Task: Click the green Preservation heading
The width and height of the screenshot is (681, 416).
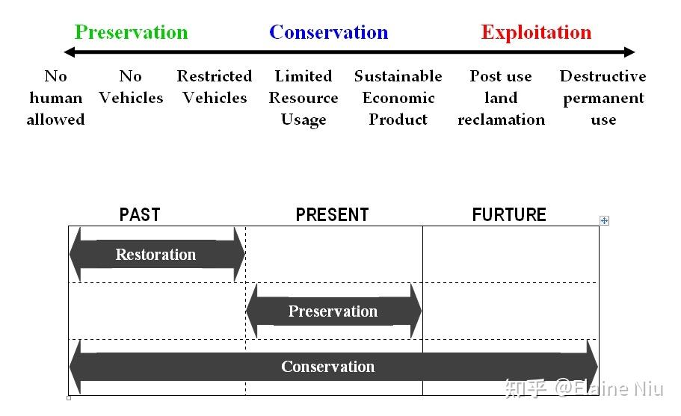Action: click(x=131, y=32)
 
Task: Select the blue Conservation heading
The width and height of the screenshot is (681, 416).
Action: click(x=328, y=32)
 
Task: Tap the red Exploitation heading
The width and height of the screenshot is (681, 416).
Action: click(x=536, y=32)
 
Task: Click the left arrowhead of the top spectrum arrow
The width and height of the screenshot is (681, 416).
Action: click(x=70, y=52)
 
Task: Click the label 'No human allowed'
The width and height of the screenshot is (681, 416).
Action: click(x=55, y=98)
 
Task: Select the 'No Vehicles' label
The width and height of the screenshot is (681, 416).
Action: click(x=131, y=87)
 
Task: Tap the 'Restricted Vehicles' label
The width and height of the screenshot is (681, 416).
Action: click(x=215, y=87)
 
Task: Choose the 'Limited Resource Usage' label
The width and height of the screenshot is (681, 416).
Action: click(x=303, y=98)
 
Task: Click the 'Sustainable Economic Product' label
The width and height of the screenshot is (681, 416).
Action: click(x=398, y=98)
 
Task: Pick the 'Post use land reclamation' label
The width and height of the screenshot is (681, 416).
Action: click(x=501, y=98)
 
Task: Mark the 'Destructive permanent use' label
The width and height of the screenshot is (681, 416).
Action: click(x=603, y=98)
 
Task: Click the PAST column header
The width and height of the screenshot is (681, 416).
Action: click(x=140, y=215)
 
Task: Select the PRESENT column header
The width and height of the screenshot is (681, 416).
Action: click(x=332, y=215)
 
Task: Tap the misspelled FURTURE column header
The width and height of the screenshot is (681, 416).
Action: click(x=509, y=215)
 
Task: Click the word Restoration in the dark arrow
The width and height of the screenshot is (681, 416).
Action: click(x=155, y=255)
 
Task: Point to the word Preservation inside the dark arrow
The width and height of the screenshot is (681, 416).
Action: click(x=333, y=311)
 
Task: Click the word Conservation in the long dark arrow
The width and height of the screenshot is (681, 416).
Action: click(x=327, y=367)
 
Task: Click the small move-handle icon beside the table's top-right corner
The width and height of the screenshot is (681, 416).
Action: click(x=605, y=220)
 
